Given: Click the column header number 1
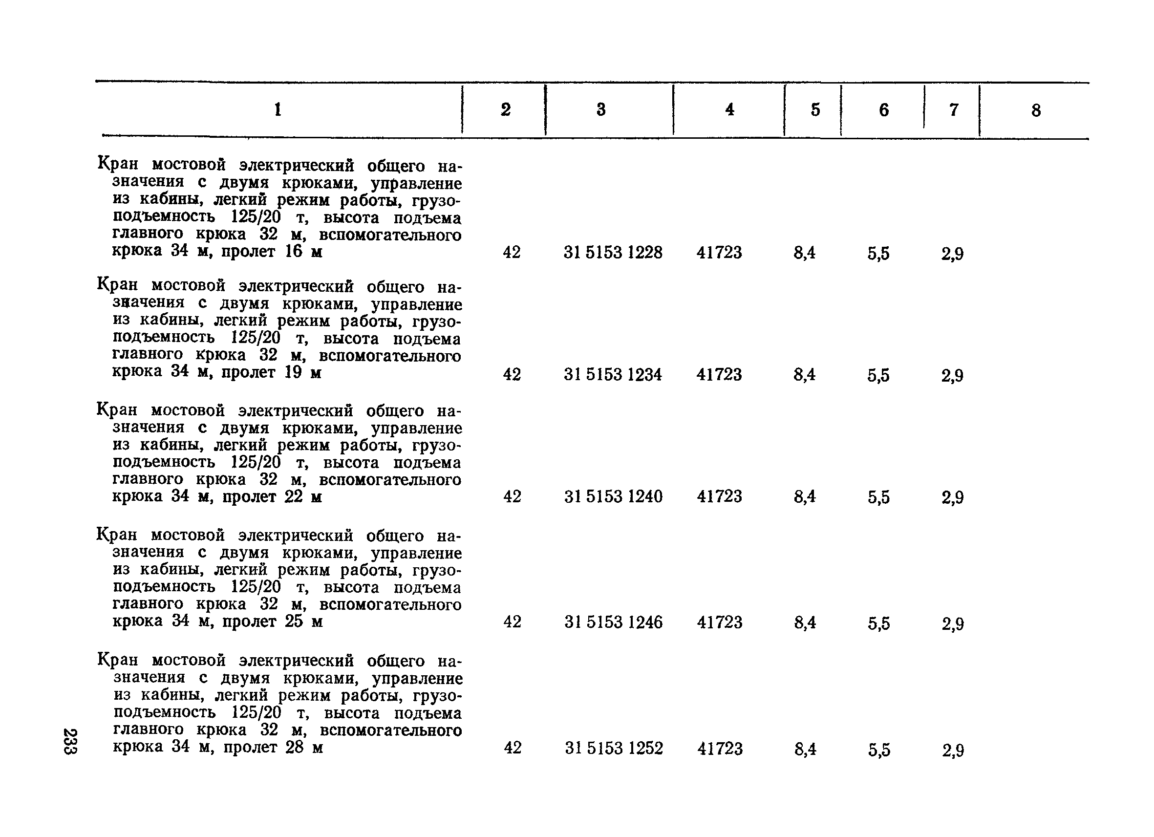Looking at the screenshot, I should (x=278, y=109).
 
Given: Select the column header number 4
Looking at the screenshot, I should (x=729, y=109).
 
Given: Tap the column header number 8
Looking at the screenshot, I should (x=1036, y=110).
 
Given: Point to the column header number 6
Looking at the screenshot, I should (x=884, y=110).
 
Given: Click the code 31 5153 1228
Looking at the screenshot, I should (x=613, y=253).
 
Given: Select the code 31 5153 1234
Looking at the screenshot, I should (x=613, y=374).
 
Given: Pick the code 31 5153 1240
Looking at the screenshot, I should (x=613, y=496).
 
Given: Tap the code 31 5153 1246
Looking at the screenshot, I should (x=613, y=622).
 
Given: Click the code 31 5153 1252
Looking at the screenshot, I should (x=614, y=748).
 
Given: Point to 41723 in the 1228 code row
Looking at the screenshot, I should (x=719, y=253).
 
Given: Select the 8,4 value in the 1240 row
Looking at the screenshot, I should (x=805, y=496).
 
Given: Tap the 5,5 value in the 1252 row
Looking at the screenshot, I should (x=879, y=749).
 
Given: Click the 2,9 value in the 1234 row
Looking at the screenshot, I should (x=952, y=376).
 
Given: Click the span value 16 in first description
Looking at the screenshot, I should (x=294, y=251).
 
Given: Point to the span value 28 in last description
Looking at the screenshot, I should (x=294, y=747).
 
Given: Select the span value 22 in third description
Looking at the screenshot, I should (x=294, y=496).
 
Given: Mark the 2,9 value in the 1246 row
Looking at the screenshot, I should (x=953, y=623).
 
